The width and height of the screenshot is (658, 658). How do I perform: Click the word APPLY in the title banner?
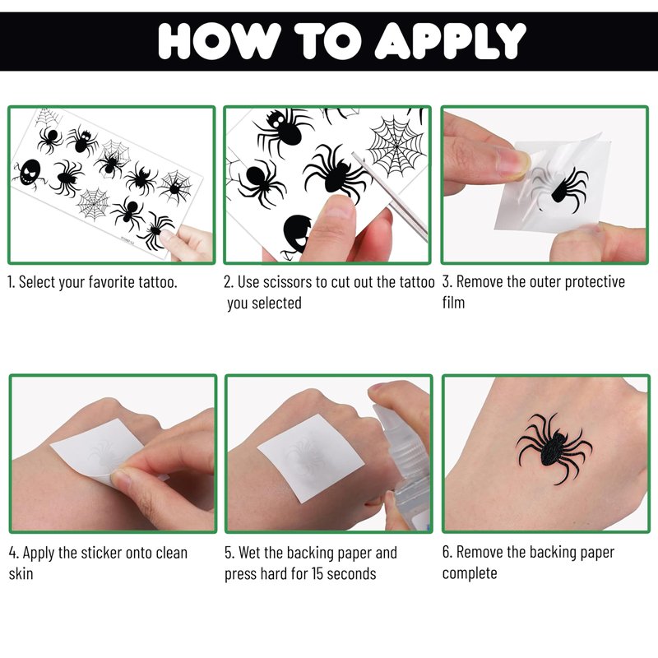point(450,40)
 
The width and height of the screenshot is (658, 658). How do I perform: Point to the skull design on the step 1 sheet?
point(30,172)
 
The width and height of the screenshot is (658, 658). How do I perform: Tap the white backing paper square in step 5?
point(311,457)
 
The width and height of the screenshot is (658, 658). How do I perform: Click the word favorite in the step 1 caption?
point(111,282)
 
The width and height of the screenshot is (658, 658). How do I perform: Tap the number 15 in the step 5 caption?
point(317,573)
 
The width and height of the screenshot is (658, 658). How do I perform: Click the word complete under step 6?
point(470,573)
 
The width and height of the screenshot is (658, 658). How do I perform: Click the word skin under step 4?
point(21,573)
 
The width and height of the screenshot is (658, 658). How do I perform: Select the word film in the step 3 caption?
point(454,302)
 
